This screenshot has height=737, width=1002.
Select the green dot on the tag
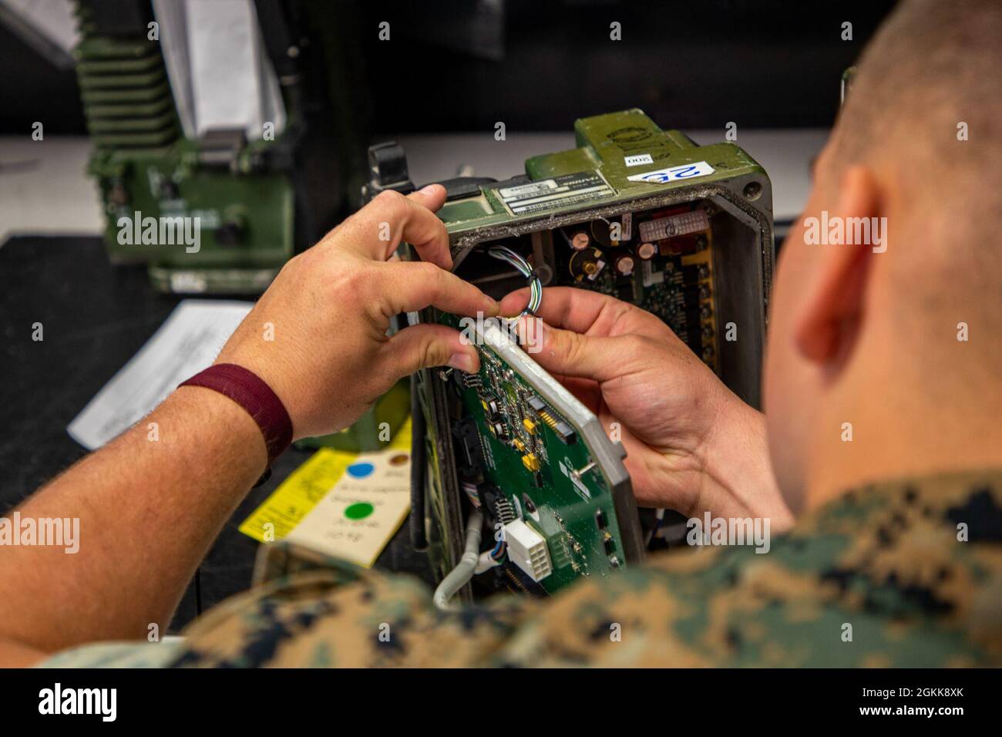(357, 510)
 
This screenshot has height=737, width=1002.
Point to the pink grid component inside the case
(662, 227)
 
